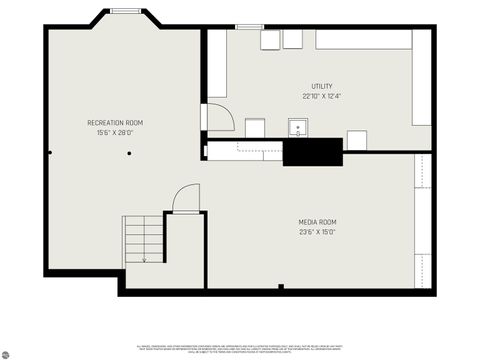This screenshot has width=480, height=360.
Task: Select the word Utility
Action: tap(322, 87)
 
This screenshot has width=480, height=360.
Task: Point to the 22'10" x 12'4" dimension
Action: tap(322, 96)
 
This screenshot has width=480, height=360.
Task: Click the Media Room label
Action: tap(317, 222)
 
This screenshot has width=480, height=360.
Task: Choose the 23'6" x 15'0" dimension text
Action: tap(317, 232)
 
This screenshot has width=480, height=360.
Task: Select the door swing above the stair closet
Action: tap(185, 197)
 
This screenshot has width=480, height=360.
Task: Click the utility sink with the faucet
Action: tap(298, 127)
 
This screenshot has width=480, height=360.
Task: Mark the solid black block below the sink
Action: tap(313, 152)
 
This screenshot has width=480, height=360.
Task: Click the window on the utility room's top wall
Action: tap(248, 27)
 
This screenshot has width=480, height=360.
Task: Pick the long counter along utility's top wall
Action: tap(363, 39)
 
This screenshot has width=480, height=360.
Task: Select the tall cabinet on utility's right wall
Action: tap(422, 77)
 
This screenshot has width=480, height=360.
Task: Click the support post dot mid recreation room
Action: tap(129, 153)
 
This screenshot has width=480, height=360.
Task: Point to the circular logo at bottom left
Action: tap(5, 354)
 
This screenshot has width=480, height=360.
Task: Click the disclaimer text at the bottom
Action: tap(240, 348)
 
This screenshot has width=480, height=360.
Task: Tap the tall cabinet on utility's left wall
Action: tap(217, 63)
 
